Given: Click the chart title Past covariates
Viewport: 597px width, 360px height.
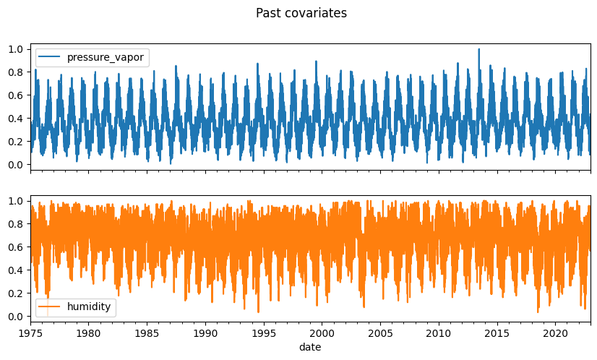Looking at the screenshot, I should [301, 13].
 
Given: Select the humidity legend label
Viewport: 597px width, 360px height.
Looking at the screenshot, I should [89, 307].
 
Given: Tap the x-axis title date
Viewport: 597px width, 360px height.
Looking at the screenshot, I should [310, 347].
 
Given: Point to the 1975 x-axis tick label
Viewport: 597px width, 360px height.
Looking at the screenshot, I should [30, 333].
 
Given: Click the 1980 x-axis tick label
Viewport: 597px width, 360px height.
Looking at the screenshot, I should [88, 333].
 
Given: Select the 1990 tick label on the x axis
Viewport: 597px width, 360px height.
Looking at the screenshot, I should [205, 333].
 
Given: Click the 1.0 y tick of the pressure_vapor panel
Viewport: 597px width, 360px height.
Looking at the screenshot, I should [17, 49].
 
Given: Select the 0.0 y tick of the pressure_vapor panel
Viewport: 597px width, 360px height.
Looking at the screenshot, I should [17, 165].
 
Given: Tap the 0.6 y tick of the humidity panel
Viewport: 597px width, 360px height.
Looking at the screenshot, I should [17, 247].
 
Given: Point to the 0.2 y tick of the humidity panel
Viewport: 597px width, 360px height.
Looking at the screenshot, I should [17, 293].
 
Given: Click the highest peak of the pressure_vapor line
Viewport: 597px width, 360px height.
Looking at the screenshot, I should [478, 49].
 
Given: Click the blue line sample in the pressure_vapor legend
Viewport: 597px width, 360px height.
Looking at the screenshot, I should [50, 57].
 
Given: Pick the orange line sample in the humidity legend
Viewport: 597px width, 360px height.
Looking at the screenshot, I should [50, 307].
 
